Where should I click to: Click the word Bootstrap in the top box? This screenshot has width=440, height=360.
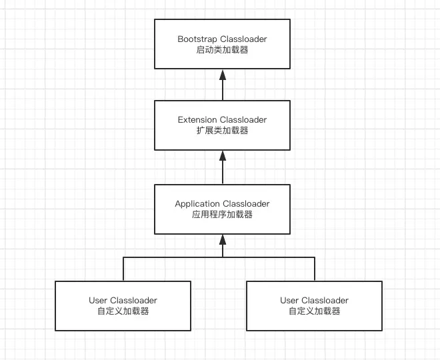click(197, 39)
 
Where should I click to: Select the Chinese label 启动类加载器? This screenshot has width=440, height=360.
click(222, 50)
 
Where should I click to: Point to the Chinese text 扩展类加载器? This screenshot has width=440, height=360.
click(222, 131)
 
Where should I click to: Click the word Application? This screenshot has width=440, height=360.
click(197, 204)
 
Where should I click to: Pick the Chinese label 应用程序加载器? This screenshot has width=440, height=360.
click(222, 215)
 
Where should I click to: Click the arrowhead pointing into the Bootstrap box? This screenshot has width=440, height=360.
click(223, 75)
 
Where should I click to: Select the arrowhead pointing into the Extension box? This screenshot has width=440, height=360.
click(223, 156)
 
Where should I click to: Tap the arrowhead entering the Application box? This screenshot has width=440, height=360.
click(223, 239)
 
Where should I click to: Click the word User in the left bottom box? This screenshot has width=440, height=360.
click(98, 301)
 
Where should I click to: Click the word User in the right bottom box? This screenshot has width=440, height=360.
click(289, 301)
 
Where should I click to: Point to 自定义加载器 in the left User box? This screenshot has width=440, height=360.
click(123, 311)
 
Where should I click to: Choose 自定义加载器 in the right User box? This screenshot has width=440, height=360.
click(315, 311)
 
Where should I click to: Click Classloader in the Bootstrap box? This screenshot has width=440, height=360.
click(243, 39)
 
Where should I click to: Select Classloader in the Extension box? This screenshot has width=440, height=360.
click(243, 120)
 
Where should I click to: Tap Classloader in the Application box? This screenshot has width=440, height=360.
click(246, 204)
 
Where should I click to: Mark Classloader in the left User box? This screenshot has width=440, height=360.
click(133, 301)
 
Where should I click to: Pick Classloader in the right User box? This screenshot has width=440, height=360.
click(325, 301)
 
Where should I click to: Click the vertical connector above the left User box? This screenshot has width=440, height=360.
click(123, 269)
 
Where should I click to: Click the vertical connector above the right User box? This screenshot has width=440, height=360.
click(315, 269)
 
